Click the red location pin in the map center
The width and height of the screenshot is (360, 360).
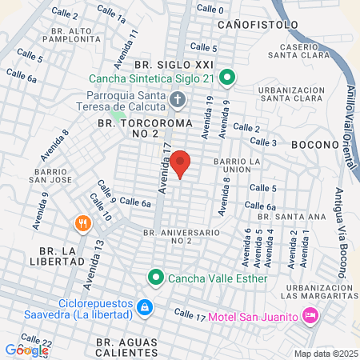[181, 163]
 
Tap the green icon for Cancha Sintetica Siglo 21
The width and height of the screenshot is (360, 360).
[226, 78]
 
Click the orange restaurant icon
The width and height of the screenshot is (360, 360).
[82, 224]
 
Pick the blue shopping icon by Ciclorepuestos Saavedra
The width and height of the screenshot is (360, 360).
[145, 307]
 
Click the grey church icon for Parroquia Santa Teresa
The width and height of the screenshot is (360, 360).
[178, 101]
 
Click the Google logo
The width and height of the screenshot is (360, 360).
[26, 350]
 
